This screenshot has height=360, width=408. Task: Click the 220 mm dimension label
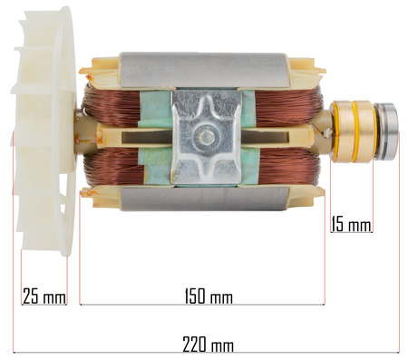pyautogui.click(x=208, y=345)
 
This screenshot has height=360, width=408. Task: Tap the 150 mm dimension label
pyautogui.click(x=209, y=297)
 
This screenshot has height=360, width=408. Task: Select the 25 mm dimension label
pyautogui.click(x=44, y=297)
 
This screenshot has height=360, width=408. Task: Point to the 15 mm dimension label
pyautogui.click(x=351, y=224)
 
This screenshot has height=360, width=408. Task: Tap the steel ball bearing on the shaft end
pyautogui.click(x=385, y=131)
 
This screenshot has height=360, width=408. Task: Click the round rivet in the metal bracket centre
pyautogui.click(x=207, y=138)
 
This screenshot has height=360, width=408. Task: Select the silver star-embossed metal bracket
pyautogui.click(x=207, y=138)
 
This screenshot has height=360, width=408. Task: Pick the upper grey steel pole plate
pyautogui.click(x=204, y=71)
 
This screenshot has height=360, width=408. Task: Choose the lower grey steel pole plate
pyautogui.click(x=205, y=198)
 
